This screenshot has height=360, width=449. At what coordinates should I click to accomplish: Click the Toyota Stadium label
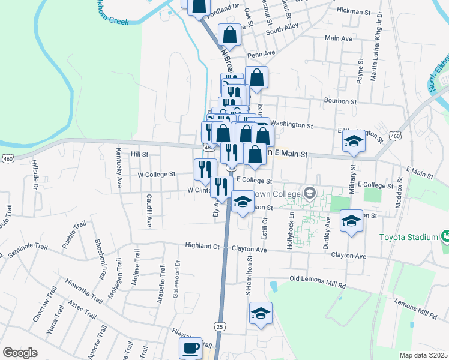click(x=409, y=237)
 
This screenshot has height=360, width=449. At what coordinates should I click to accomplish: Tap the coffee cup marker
click(x=191, y=348)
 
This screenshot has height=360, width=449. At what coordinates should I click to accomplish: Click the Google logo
click(x=20, y=353)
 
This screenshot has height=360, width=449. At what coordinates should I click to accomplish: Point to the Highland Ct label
click(x=202, y=246)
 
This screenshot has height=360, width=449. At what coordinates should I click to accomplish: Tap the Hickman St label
click(x=354, y=11)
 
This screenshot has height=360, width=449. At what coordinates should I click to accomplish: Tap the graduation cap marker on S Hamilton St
click(x=261, y=314)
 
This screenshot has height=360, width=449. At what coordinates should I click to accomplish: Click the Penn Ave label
click(x=262, y=53)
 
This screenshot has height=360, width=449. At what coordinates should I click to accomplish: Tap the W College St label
click(x=156, y=175)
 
